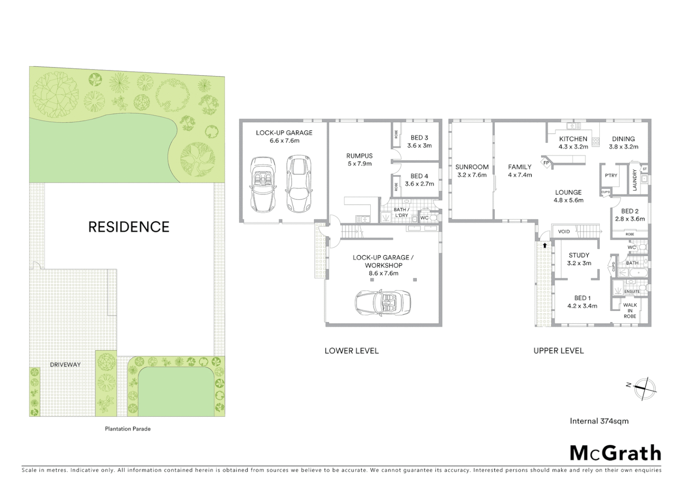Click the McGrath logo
[x=615, y=453]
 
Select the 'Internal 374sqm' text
[x=599, y=421]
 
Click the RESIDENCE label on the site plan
[x=128, y=227]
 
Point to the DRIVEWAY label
[x=65, y=364]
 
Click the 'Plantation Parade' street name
[x=128, y=429]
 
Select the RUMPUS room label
[x=359, y=156]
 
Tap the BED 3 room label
[x=419, y=138]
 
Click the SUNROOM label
[x=472, y=167]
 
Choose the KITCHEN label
[x=573, y=139]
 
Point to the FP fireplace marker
[x=546, y=163]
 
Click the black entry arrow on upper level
[x=545, y=245]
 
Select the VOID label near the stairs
[x=564, y=231]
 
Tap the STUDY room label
[x=579, y=255]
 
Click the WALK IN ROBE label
[x=630, y=311]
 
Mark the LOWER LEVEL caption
[x=351, y=351]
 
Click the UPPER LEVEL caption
[x=558, y=351]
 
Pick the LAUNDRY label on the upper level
[x=634, y=180]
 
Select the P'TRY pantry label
[x=611, y=175]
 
